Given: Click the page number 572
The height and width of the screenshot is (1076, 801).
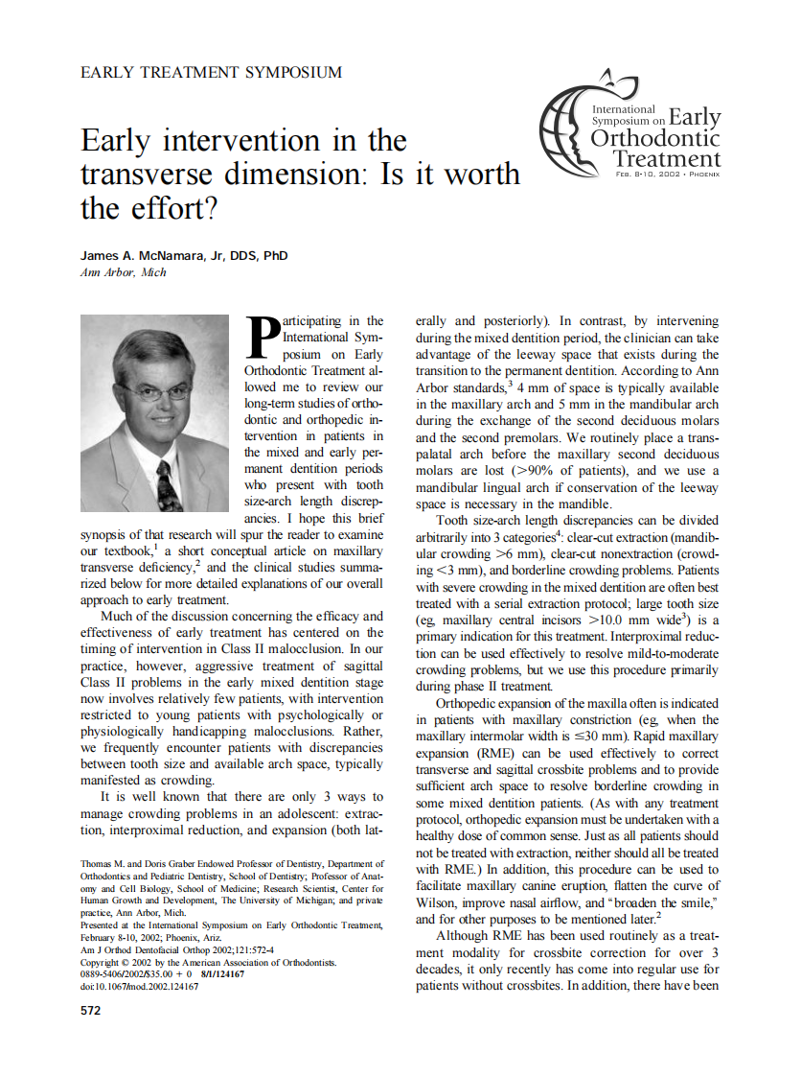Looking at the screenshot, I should tap(92, 1011).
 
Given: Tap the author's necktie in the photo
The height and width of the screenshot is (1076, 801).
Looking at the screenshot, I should tap(168, 484).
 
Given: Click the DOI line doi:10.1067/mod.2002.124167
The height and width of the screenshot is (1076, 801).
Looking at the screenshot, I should tap(140, 986).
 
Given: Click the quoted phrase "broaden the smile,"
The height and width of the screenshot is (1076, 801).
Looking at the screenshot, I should tap(658, 902).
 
